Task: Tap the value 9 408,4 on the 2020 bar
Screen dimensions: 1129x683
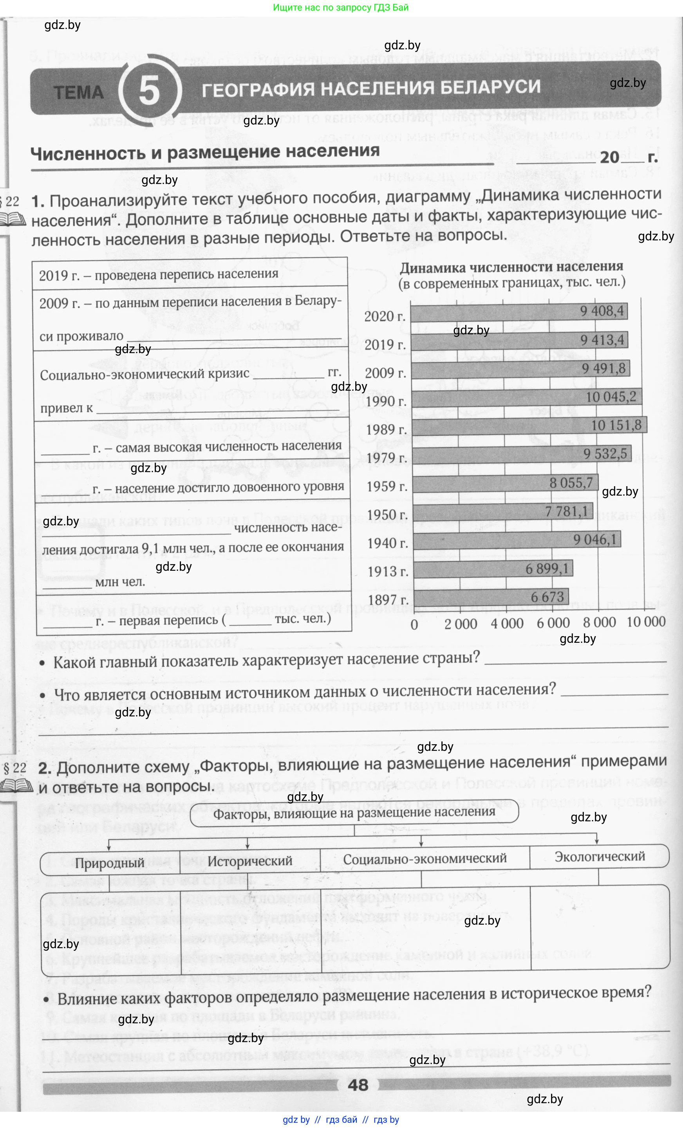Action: tap(602, 311)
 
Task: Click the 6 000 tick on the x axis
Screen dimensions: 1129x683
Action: tap(553, 623)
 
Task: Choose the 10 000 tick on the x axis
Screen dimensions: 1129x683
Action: tap(646, 622)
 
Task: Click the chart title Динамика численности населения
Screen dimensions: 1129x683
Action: tap(511, 267)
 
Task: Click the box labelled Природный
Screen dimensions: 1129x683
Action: tap(110, 863)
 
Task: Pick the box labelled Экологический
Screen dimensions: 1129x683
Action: tap(600, 857)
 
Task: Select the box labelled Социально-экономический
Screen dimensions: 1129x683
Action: tap(425, 858)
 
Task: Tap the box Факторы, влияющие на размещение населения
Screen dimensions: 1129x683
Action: tap(354, 813)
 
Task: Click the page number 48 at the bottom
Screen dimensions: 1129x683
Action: tap(358, 1085)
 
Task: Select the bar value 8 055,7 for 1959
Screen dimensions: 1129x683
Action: tap(571, 482)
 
